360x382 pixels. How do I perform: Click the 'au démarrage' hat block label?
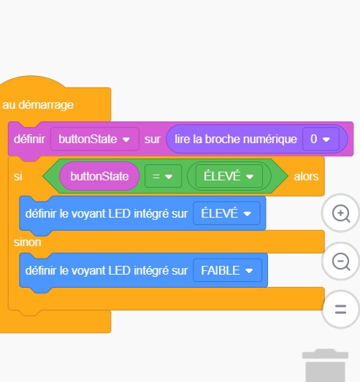38,105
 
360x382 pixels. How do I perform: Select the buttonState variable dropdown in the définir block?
95,139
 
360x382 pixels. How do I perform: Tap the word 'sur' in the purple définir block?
152,140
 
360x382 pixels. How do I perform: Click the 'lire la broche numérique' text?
236,139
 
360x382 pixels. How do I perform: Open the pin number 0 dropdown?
321,139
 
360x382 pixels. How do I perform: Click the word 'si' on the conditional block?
18,176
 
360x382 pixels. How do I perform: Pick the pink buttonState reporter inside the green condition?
99,176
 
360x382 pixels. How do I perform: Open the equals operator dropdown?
163,176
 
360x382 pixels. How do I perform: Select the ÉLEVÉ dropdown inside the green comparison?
229,176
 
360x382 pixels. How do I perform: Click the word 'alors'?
306,176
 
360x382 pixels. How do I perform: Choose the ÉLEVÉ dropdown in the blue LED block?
226,213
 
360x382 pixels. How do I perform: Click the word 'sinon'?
28,242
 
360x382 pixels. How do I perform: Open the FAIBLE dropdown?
228,270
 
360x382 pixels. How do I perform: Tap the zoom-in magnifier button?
340,213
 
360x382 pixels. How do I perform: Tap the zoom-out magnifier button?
340,261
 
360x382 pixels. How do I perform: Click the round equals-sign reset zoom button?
340,310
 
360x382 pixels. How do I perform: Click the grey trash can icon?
325,365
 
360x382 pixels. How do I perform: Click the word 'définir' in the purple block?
29,140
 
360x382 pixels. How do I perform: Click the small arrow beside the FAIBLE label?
249,271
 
